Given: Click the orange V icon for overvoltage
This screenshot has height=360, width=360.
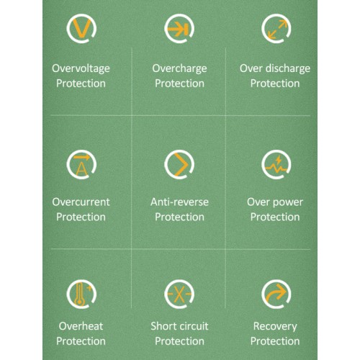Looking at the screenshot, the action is click(x=81, y=28).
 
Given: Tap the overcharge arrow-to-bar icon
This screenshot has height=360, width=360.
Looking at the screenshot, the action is click(x=179, y=29).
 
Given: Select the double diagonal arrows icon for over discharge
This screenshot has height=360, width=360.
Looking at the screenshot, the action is click(x=276, y=29).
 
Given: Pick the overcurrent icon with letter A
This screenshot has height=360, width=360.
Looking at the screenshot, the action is click(x=81, y=165).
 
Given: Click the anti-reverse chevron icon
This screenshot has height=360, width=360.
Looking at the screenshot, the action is click(x=179, y=165).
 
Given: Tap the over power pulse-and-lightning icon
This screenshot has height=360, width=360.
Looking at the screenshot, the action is click(x=276, y=165).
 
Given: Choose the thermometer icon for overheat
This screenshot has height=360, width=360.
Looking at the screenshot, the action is click(x=81, y=294).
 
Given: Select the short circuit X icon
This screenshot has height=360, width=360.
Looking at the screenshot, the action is click(x=179, y=294).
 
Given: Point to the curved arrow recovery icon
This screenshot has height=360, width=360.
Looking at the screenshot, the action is click(x=276, y=294).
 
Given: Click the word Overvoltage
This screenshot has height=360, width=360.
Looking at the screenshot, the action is click(x=81, y=69).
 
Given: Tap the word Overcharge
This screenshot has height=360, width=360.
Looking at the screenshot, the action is click(x=179, y=69).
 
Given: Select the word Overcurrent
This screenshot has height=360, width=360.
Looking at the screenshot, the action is click(x=81, y=202).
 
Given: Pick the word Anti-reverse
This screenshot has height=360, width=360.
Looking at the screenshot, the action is click(x=179, y=202).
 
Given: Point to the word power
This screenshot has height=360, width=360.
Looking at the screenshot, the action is click(x=288, y=203).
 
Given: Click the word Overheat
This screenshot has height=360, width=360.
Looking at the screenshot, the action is click(x=81, y=326).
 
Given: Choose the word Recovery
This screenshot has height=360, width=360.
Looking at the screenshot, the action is click(x=275, y=327).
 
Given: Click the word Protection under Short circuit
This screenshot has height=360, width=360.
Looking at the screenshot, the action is click(x=179, y=341).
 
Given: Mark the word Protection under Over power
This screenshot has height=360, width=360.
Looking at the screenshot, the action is click(x=275, y=217).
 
